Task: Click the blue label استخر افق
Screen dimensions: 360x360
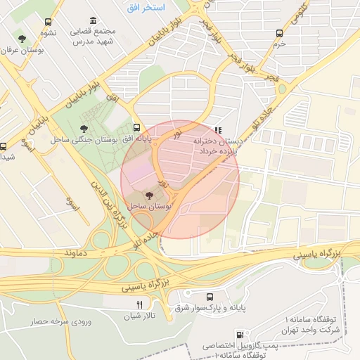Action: tap(146, 8)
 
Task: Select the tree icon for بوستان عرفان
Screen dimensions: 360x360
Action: tap(22, 38)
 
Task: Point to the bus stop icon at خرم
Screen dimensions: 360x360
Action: tap(280, 33)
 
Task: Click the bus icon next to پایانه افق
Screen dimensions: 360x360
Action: tap(136, 128)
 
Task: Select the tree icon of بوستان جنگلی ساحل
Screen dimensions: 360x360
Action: tap(84, 129)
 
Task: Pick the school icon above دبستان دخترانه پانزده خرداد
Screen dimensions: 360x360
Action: tap(218, 130)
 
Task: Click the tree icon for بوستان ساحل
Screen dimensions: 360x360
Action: tap(148, 195)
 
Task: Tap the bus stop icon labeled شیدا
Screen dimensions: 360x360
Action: tap(4, 147)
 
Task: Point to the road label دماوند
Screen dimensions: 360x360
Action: tap(78, 251)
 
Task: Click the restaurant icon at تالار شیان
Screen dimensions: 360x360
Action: tap(139, 304)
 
